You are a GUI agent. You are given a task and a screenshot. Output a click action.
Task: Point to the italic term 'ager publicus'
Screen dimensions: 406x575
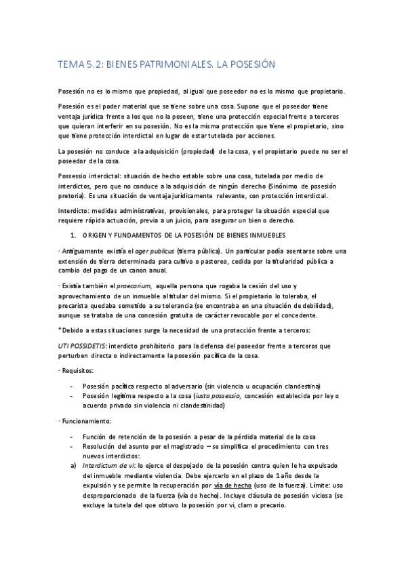154,251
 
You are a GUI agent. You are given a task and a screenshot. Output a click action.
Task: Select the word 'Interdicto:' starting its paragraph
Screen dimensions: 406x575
76,210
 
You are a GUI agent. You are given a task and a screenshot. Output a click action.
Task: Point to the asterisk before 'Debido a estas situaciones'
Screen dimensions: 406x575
60,330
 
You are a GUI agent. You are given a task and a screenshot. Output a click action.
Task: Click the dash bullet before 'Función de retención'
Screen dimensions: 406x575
73,436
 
